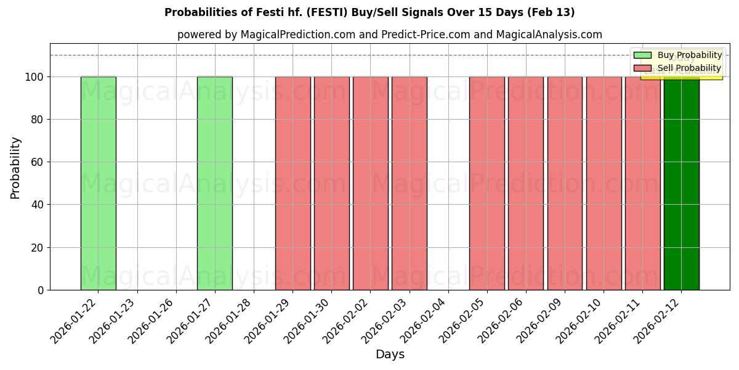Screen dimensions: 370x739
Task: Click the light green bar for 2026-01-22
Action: tap(98, 183)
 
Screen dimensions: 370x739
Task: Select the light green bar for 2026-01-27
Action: tap(214, 183)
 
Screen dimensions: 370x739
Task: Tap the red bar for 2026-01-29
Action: tap(293, 183)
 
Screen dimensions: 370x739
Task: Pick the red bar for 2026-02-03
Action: tap(409, 183)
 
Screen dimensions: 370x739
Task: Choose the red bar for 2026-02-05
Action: tap(487, 183)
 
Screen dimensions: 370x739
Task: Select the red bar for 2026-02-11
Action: tap(642, 183)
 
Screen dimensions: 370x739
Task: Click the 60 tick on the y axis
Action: tap(38, 162)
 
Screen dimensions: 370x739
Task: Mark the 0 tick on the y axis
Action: tap(41, 290)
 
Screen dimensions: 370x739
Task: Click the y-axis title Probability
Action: tap(15, 167)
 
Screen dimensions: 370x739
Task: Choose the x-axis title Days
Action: tap(390, 355)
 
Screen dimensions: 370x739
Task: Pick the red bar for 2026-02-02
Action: tap(370, 183)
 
